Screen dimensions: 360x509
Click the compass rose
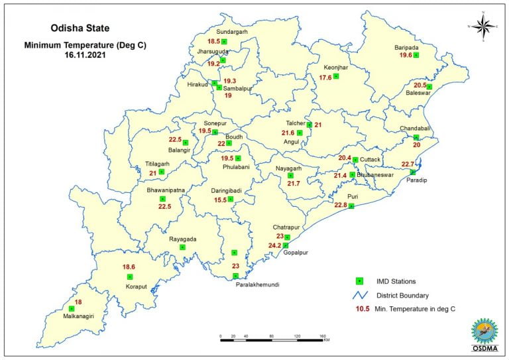[484, 26]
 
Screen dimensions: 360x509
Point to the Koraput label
[136, 286]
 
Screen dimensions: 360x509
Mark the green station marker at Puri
[352, 206]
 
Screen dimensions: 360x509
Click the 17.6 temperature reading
[325, 78]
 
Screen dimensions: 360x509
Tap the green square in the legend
[359, 280]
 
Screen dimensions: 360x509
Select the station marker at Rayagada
[182, 247]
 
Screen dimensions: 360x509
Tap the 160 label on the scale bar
[323, 336]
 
